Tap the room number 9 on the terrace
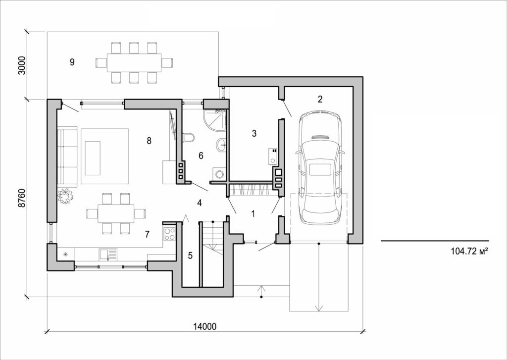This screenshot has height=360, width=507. click(x=72, y=62)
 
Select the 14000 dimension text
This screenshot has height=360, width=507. click(x=204, y=326)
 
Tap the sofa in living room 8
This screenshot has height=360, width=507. click(x=67, y=157)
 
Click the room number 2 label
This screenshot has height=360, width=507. click(x=320, y=99)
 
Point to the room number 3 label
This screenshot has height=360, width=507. click(x=254, y=133)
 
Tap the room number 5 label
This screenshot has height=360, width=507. click(x=190, y=256)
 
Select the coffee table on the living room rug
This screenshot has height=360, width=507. click(x=93, y=158)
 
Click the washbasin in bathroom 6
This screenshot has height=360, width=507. click(x=220, y=145)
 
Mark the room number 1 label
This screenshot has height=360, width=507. click(x=253, y=214)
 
